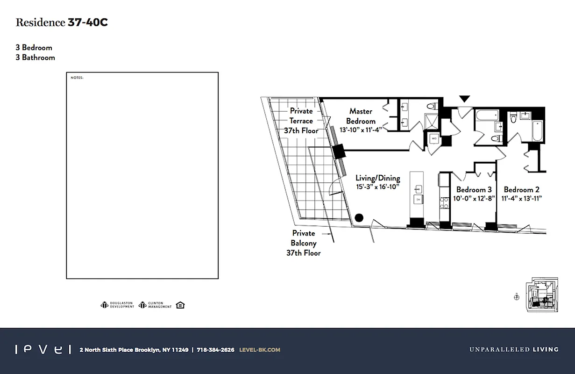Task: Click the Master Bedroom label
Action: pyautogui.click(x=361, y=116)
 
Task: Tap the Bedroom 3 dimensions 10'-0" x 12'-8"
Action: pyautogui.click(x=474, y=199)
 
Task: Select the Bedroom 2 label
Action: pyautogui.click(x=521, y=190)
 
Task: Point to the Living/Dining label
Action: pyautogui.click(x=377, y=178)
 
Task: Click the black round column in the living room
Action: pyautogui.click(x=359, y=217)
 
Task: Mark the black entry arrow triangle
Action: pyautogui.click(x=464, y=99)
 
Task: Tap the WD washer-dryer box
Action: pyautogui.click(x=433, y=139)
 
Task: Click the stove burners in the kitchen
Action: pyautogui.click(x=444, y=201)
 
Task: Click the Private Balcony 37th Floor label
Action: pyautogui.click(x=303, y=243)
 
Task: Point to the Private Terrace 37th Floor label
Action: pyautogui.click(x=301, y=121)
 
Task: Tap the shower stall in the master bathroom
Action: pyautogui.click(x=431, y=120)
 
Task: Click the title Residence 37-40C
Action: pyautogui.click(x=62, y=22)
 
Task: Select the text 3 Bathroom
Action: pyautogui.click(x=35, y=58)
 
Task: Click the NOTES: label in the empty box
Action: pyautogui.click(x=77, y=78)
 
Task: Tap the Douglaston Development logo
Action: pyautogui.click(x=117, y=305)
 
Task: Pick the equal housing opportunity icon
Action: pyautogui.click(x=181, y=305)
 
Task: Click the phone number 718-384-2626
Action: pyautogui.click(x=215, y=350)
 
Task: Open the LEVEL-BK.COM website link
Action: pyautogui.click(x=259, y=350)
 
